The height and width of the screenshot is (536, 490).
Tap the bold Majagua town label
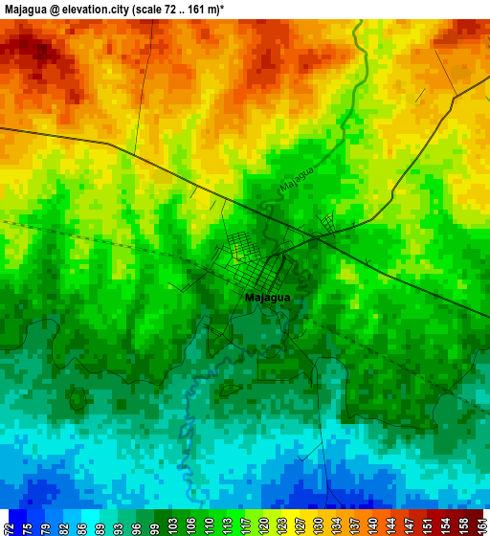tap(267, 298)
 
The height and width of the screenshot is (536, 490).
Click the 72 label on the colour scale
tap(9, 523)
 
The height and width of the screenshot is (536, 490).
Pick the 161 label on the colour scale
tap(480, 523)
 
